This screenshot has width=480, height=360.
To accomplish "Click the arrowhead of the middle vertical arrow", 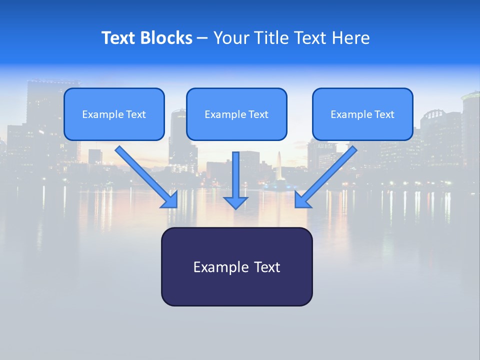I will coord(235,202).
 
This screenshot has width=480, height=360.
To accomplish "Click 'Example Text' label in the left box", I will coord(114,114).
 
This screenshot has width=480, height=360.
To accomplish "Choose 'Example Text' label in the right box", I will coord(362,114).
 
